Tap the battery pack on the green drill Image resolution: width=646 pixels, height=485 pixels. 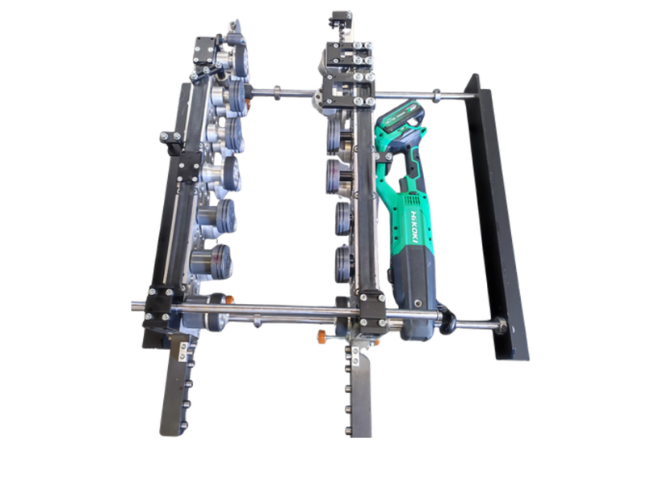[x=401, y=116]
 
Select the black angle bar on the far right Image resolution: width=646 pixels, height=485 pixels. [x=497, y=217]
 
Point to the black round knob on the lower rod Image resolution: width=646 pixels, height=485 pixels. [x=447, y=319]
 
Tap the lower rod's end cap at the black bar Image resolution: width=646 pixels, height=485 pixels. [x=501, y=324]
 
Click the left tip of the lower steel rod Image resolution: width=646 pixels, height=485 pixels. [x=132, y=306]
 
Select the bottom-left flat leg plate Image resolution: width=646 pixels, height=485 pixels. [x=176, y=386]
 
